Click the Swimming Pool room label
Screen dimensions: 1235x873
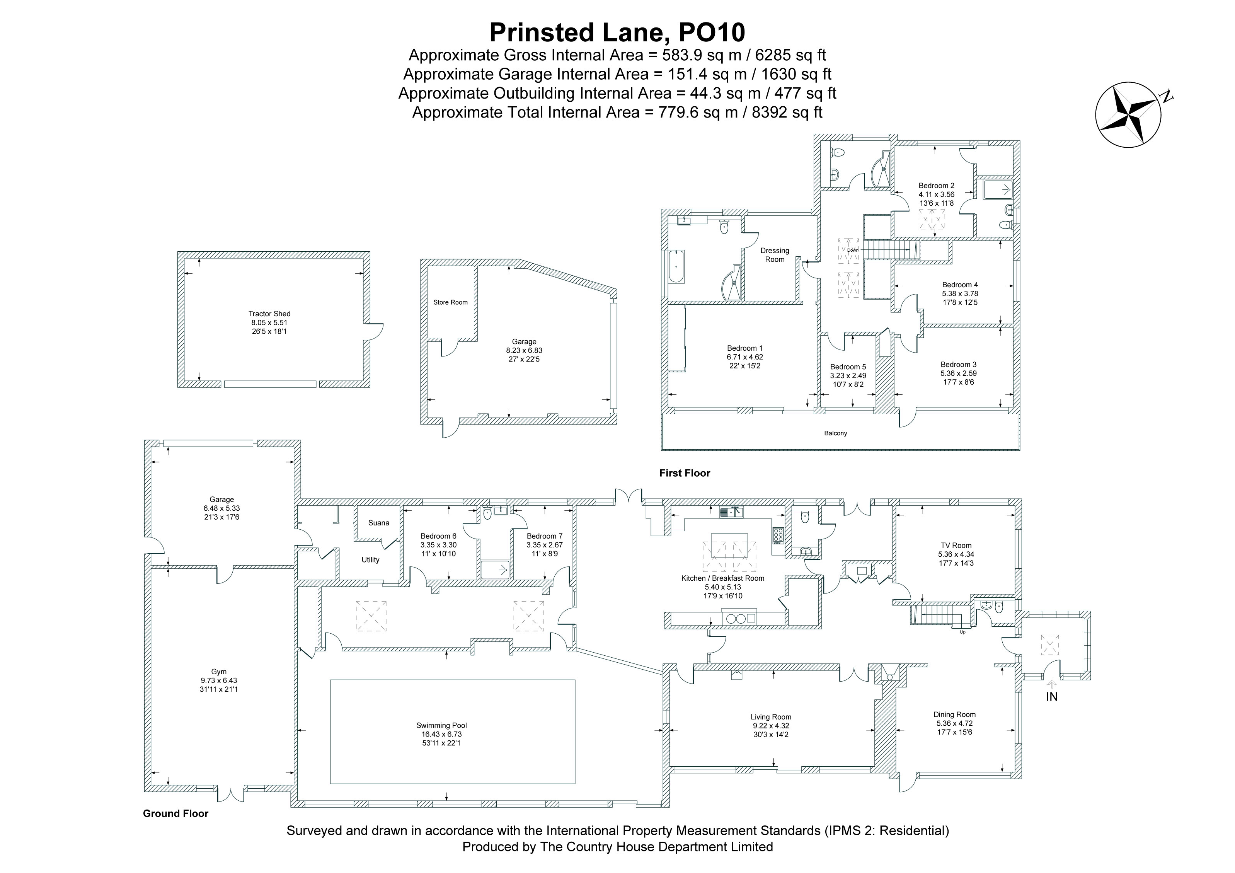click(441, 725)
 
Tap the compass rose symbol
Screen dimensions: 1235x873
click(1128, 115)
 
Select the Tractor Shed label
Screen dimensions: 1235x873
click(269, 314)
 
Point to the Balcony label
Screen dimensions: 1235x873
click(835, 433)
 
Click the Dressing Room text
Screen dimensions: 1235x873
click(775, 255)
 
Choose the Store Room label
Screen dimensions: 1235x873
click(450, 302)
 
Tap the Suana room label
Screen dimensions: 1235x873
click(379, 523)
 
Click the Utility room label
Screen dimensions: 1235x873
click(370, 560)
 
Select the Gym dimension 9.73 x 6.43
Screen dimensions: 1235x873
click(219, 680)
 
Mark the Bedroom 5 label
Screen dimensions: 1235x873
click(848, 367)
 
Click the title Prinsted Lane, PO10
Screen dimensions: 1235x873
click(617, 32)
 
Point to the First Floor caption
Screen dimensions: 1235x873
click(685, 473)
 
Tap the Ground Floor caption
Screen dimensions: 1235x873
click(175, 814)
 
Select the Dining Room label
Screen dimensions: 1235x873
click(954, 715)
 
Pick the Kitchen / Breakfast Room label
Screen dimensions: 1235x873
click(722, 578)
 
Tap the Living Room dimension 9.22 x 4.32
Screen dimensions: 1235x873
click(771, 726)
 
